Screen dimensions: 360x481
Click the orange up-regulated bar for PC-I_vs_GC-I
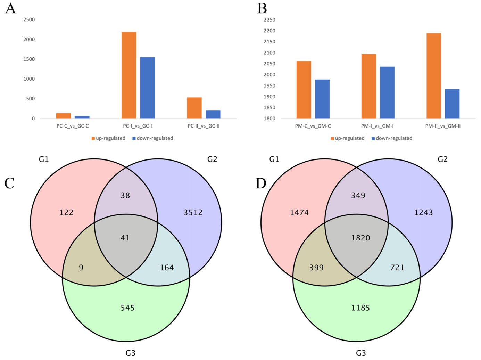[x=129, y=75]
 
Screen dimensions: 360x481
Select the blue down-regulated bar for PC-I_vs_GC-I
[x=147, y=88]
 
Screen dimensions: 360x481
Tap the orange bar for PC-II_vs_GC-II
[x=194, y=108]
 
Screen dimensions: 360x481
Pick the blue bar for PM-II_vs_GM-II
[x=452, y=104]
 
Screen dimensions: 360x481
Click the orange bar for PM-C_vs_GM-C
[x=304, y=90]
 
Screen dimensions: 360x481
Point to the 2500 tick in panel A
[x=29, y=20]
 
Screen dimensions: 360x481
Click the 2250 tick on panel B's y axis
[x=269, y=20]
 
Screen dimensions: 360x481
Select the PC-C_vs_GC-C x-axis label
[x=73, y=126]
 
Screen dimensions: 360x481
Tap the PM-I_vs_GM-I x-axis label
[x=377, y=126]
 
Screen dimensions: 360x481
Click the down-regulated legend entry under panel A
[x=153, y=138]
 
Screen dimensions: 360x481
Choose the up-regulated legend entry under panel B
[x=348, y=138]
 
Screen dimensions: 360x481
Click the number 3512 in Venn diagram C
[x=193, y=213]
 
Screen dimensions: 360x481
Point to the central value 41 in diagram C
[x=125, y=238]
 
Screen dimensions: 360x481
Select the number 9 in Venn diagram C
[x=81, y=268]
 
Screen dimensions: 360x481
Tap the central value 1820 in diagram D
[x=360, y=238]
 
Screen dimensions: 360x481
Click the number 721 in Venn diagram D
[x=397, y=268]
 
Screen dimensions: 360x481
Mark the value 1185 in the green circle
[x=360, y=308]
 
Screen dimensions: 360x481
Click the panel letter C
[x=9, y=183]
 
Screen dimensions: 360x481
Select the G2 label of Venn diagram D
[x=442, y=159]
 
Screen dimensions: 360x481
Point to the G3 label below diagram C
[x=130, y=353]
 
